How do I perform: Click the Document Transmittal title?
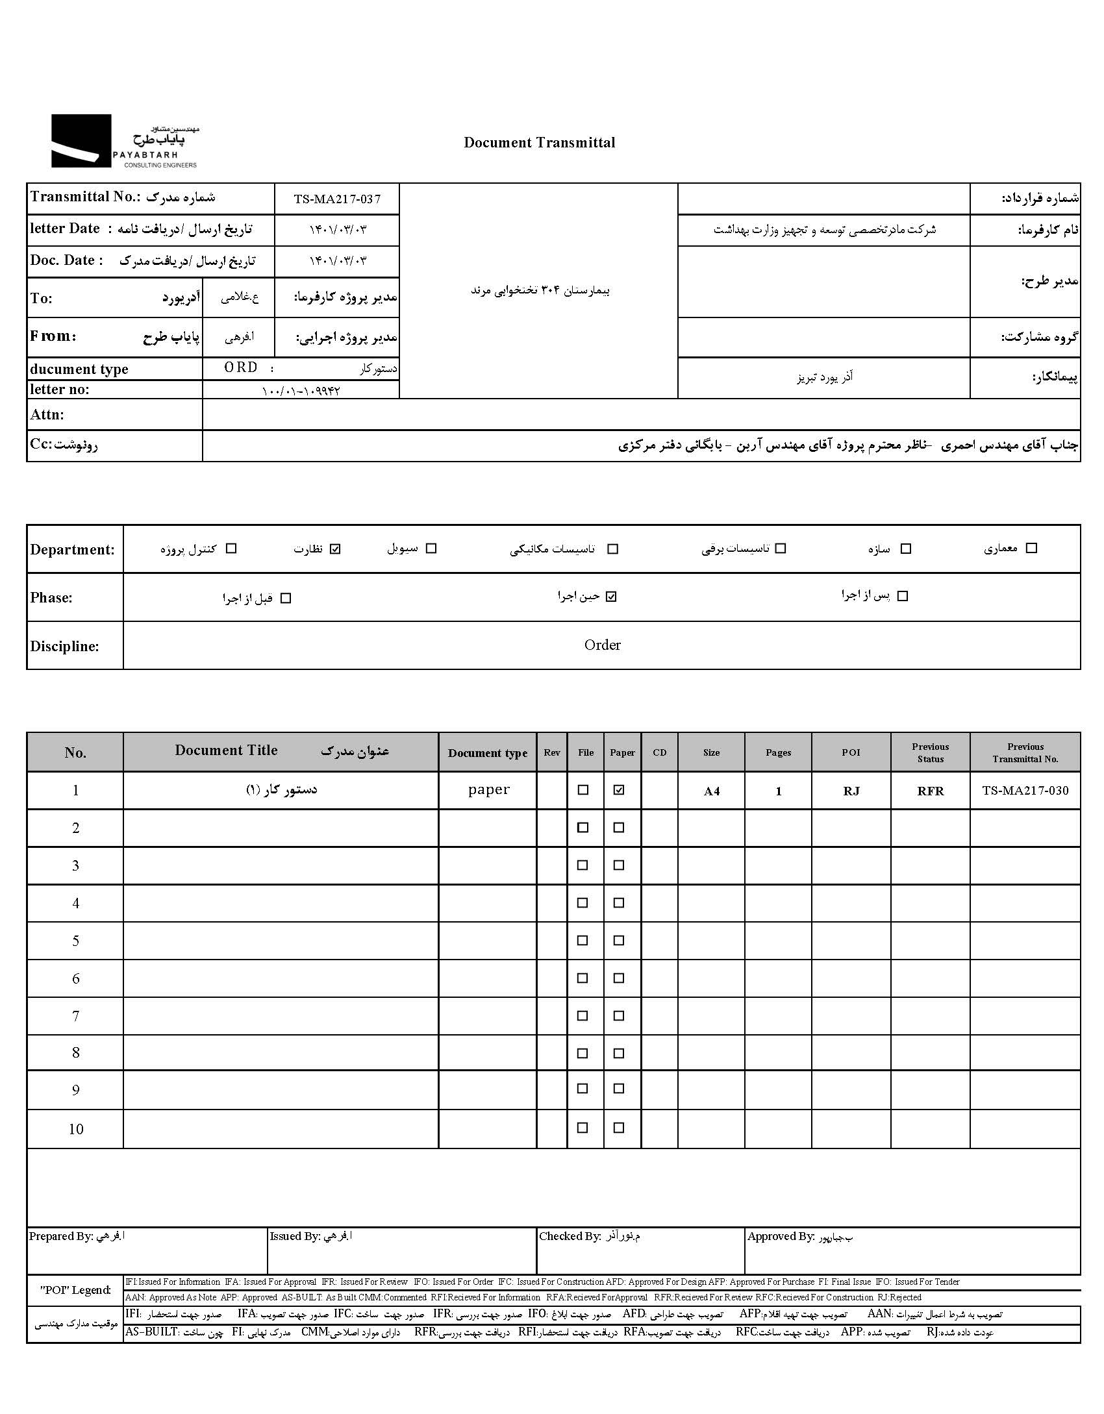point(539,143)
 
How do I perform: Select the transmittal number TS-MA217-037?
point(337,199)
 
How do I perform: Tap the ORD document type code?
point(241,367)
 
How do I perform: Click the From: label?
point(53,336)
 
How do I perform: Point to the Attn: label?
point(47,415)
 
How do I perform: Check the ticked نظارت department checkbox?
point(335,549)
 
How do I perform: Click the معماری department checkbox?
point(1031,548)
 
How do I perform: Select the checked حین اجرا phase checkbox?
point(610,597)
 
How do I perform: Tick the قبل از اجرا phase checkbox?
point(286,598)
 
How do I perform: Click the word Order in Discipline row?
point(602,645)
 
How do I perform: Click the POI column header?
point(851,752)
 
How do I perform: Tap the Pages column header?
point(778,752)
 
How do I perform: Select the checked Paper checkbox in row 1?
point(619,790)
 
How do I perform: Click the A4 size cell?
point(712,791)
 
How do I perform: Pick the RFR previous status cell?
point(930,791)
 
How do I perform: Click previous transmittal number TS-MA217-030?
point(1025,790)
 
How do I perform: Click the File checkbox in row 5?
point(583,941)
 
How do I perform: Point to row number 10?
point(76,1129)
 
